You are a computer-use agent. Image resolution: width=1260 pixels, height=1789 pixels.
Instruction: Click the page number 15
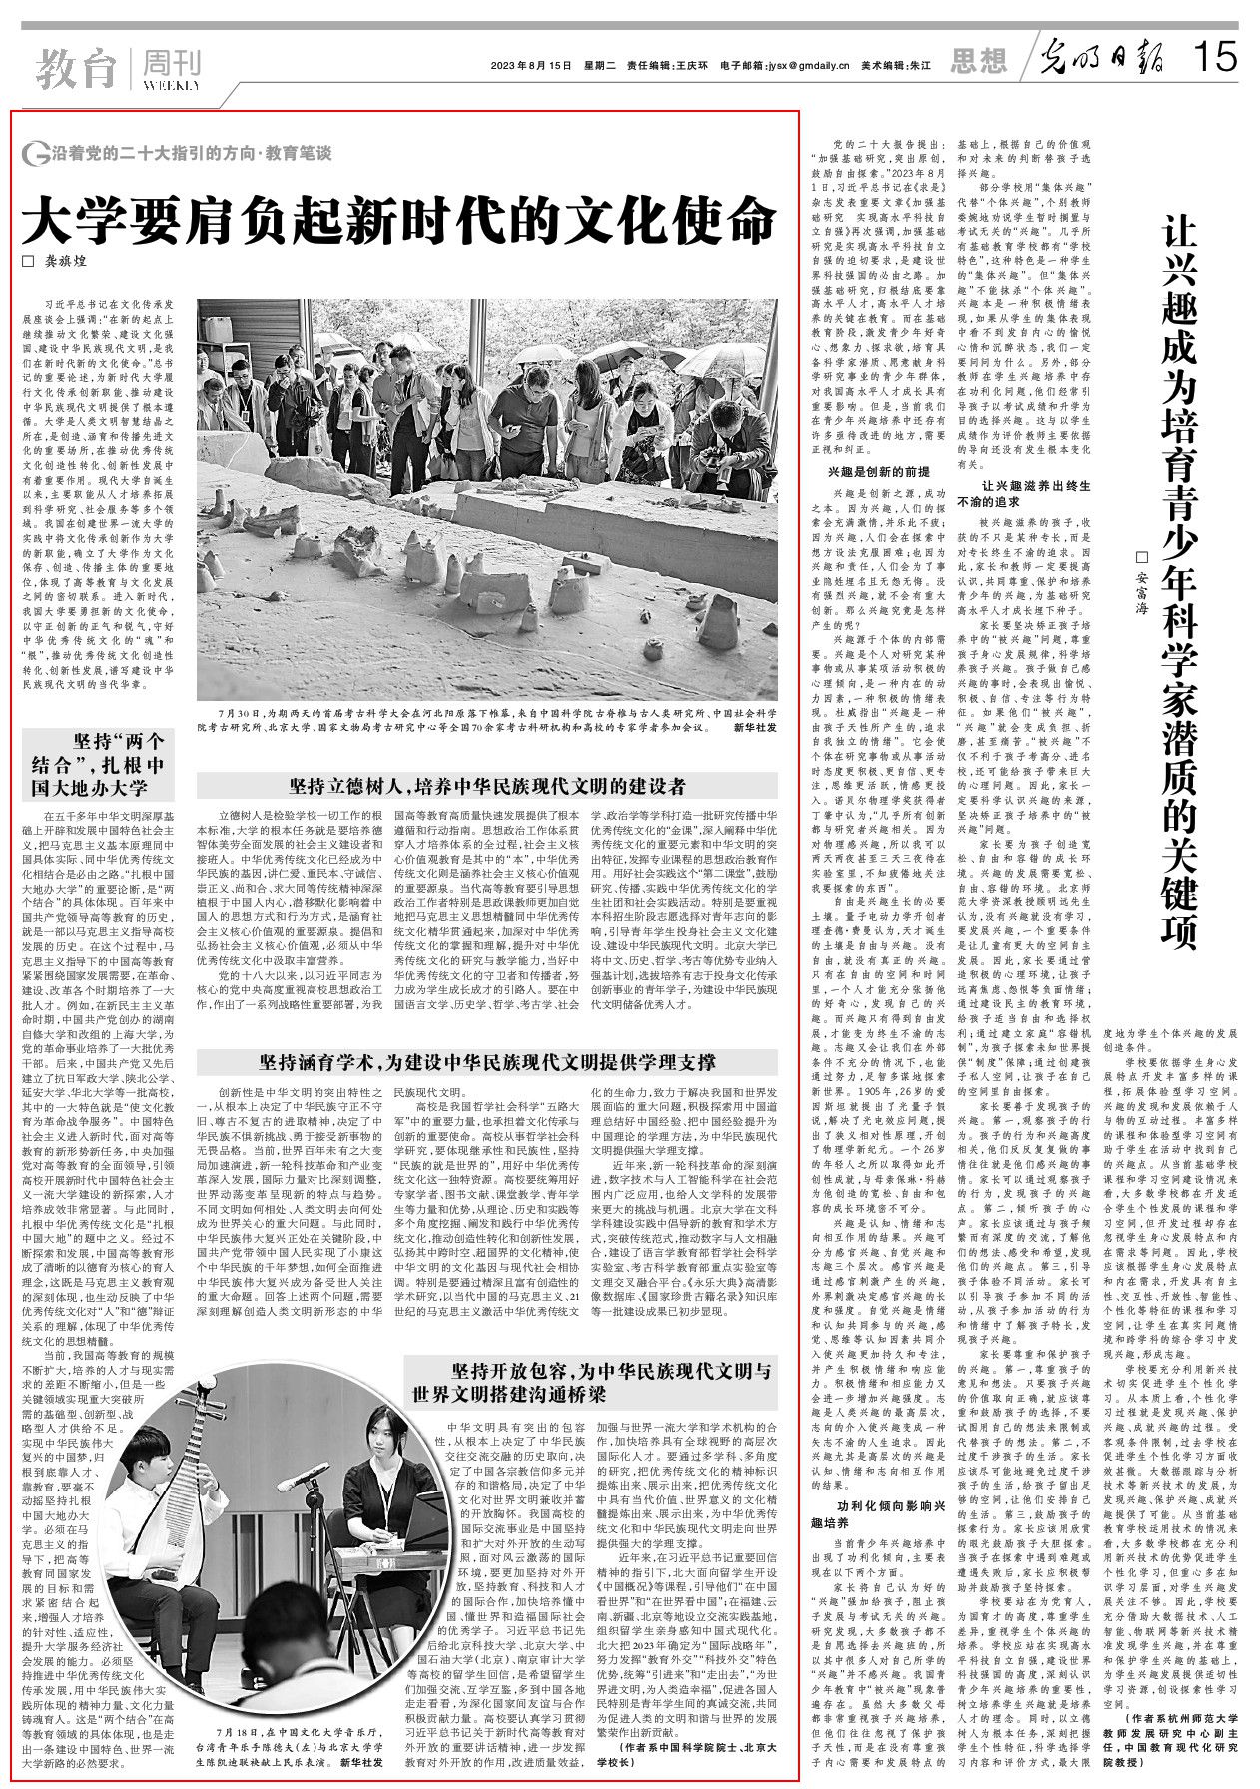click(1215, 58)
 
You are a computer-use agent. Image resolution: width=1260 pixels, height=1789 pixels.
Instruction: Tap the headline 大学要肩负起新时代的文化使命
click(399, 217)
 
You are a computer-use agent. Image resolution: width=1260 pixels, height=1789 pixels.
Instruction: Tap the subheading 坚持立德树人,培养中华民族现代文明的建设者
click(486, 785)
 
